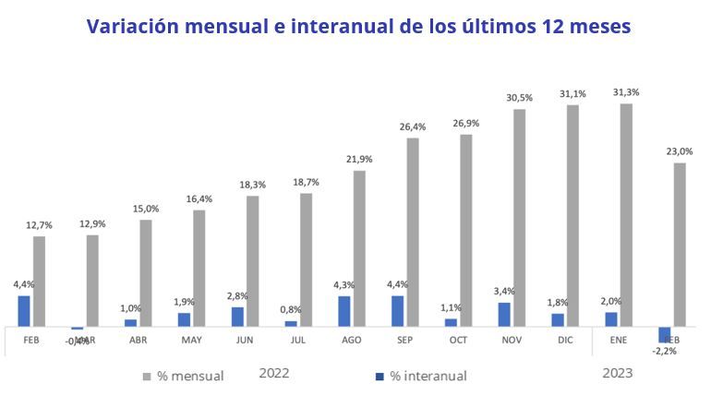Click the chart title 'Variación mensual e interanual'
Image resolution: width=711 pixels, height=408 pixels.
pyautogui.click(x=358, y=26)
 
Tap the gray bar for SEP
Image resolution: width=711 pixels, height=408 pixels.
pyautogui.click(x=413, y=232)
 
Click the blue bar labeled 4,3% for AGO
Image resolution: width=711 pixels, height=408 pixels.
pyautogui.click(x=344, y=311)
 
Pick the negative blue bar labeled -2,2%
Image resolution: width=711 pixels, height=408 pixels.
pyautogui.click(x=664, y=335)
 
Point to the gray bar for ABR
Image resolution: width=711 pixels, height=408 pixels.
pyautogui.click(x=146, y=272)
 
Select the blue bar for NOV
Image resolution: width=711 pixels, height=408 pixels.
pyautogui.click(x=504, y=315)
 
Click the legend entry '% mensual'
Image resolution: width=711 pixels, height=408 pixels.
pyautogui.click(x=184, y=376)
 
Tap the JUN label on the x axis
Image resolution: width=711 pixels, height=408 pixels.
pyautogui.click(x=245, y=341)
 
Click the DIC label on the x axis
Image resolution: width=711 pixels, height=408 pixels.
pyautogui.click(x=565, y=341)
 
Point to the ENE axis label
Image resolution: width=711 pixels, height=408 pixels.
pyautogui.click(x=619, y=341)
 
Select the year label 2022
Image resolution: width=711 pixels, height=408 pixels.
pyautogui.click(x=274, y=373)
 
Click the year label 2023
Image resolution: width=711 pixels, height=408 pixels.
pyautogui.click(x=618, y=373)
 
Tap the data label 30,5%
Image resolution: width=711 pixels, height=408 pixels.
pyautogui.click(x=519, y=98)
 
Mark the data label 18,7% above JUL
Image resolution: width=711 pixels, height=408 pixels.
pyautogui.click(x=306, y=183)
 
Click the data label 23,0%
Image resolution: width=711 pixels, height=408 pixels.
pyautogui.click(x=680, y=151)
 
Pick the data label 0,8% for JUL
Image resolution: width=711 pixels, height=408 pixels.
pyautogui.click(x=291, y=310)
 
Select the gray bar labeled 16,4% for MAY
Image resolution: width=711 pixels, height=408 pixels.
pyautogui.click(x=199, y=268)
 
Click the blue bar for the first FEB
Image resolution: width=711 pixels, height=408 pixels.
pyautogui.click(x=24, y=311)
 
